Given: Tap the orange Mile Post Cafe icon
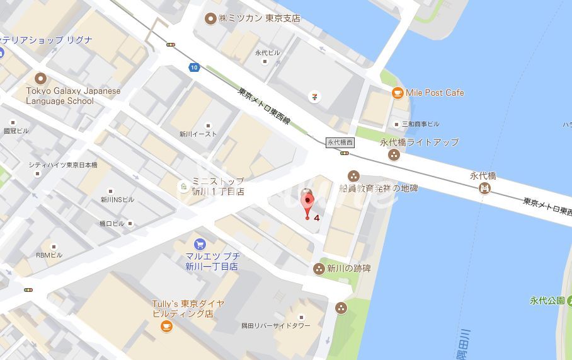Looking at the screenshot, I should click(x=398, y=93).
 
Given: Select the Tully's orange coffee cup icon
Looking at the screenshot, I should click(x=166, y=326).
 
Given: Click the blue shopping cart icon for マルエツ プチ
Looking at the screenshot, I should click(x=200, y=244).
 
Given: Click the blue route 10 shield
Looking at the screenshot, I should click(x=193, y=67).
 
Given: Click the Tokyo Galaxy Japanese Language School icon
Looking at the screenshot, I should click(x=41, y=79).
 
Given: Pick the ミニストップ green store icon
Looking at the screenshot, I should click(x=183, y=187).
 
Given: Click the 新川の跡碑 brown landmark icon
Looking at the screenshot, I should click(x=319, y=269).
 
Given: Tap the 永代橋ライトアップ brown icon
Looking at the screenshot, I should click(x=394, y=155).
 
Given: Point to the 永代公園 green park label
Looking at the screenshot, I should click(x=550, y=300).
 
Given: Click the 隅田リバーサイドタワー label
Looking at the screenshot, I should click(x=276, y=326).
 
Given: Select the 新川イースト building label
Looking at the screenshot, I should click(x=198, y=134).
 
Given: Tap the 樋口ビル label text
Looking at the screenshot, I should click(x=112, y=223).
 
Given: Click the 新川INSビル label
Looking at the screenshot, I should click(x=118, y=199).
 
